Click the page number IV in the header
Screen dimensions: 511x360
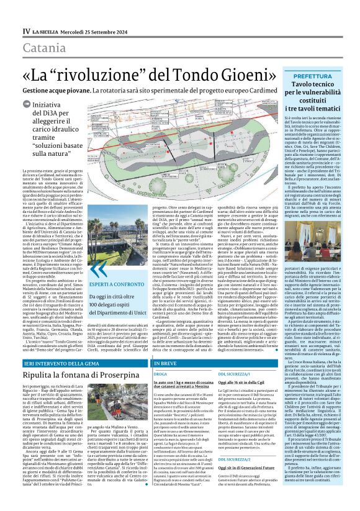25,30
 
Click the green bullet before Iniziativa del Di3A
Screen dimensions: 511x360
27,106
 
